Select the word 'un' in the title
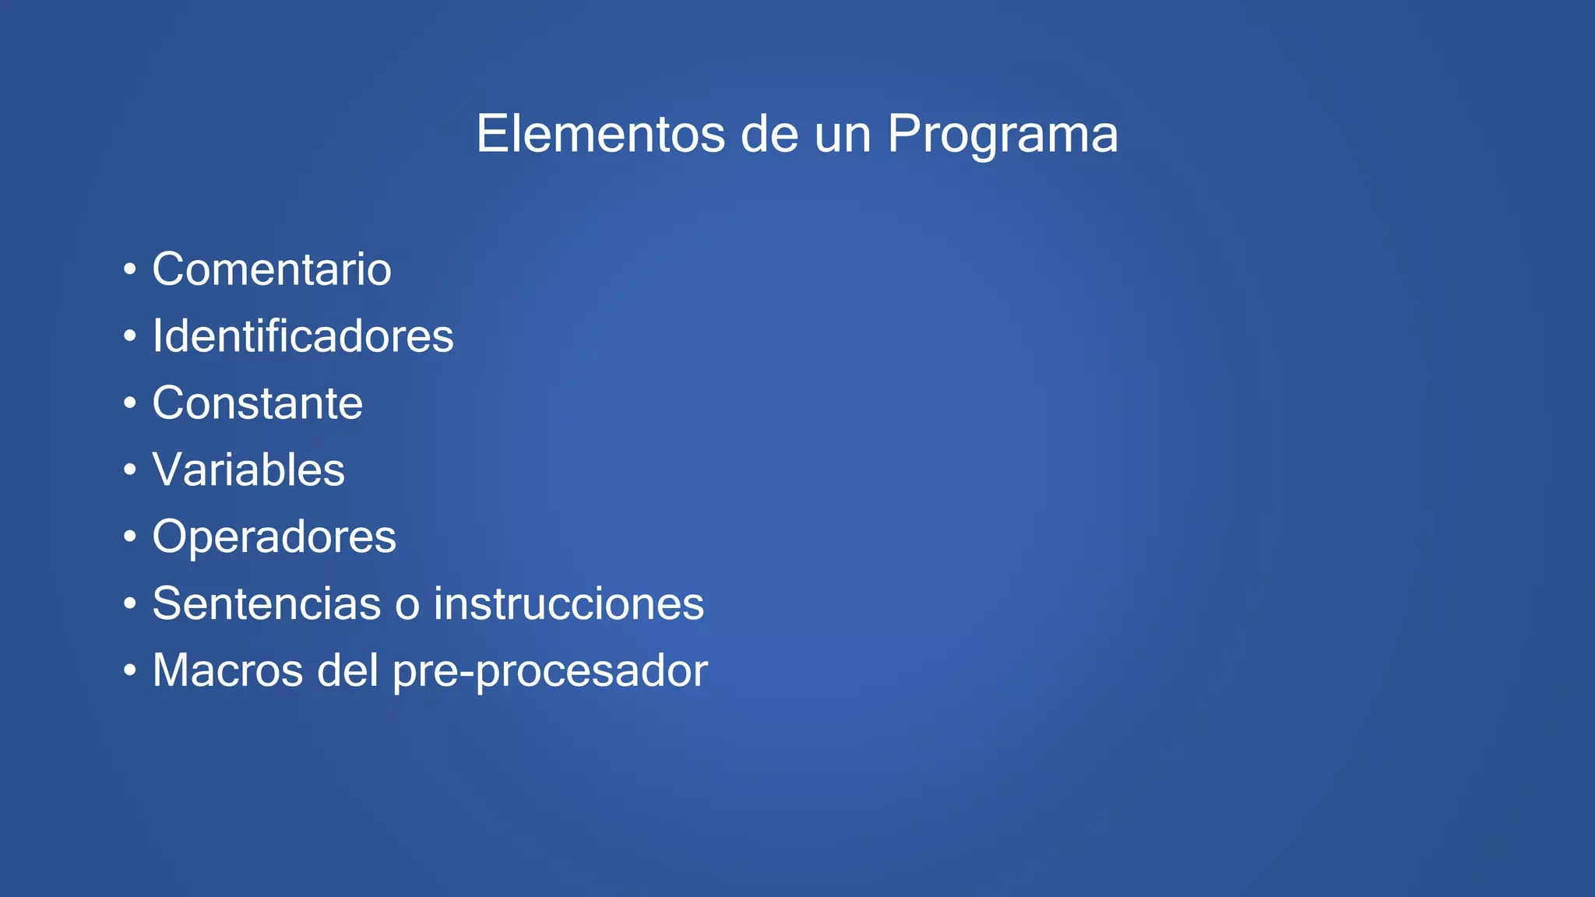[x=843, y=135]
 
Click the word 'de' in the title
[x=769, y=134]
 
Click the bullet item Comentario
[x=272, y=269]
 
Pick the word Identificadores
[x=303, y=336]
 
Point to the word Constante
[x=258, y=403]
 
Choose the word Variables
[x=248, y=470]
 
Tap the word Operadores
[x=274, y=537]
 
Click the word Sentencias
[x=267, y=603]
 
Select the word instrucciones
[x=569, y=603]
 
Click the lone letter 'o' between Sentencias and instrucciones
[x=407, y=606]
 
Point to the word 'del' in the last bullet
[x=347, y=670]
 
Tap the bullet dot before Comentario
[x=130, y=271]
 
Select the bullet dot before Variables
[x=130, y=471]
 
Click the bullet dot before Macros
[x=130, y=671]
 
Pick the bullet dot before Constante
[x=130, y=404]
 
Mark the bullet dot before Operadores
[x=130, y=538]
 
